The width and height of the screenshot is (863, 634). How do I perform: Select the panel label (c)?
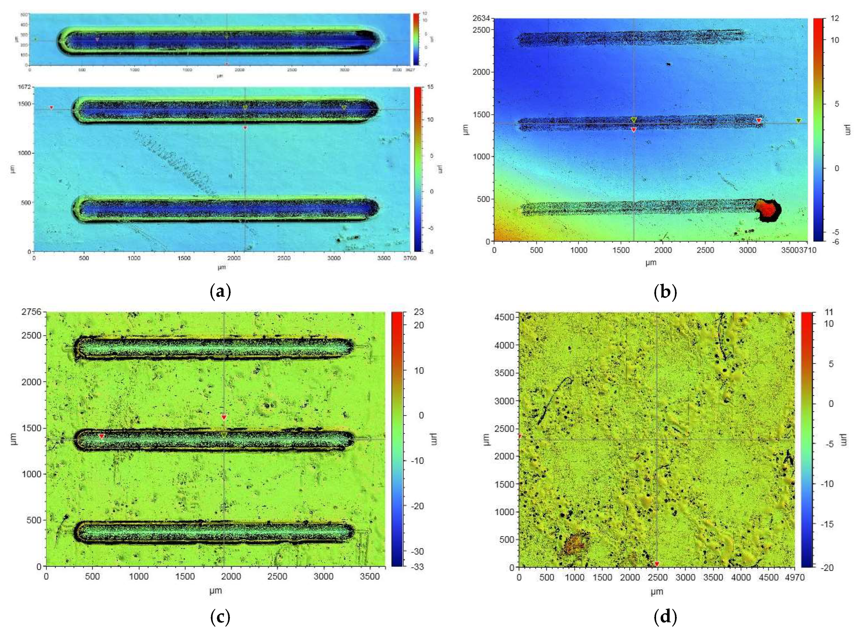[221, 617]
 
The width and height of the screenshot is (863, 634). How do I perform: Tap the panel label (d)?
[665, 617]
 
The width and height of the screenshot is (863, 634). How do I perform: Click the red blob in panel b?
[768, 210]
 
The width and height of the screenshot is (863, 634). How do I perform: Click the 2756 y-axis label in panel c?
[32, 312]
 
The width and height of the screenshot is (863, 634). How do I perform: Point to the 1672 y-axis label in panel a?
[24, 87]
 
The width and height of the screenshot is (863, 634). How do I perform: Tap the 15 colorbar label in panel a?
[430, 87]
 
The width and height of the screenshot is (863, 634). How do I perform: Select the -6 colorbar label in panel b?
[833, 242]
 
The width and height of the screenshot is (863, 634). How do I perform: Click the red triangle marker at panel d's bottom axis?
[657, 564]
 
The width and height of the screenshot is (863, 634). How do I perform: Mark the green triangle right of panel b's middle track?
[798, 120]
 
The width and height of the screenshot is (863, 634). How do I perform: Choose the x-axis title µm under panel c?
[216, 591]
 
